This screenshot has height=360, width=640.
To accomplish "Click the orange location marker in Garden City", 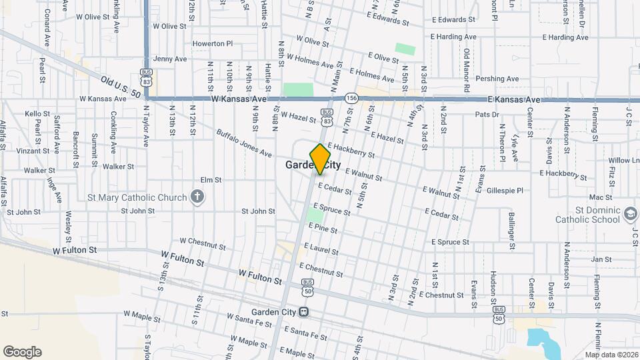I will click(x=321, y=158).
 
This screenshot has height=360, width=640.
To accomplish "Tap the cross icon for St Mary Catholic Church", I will click(x=196, y=197).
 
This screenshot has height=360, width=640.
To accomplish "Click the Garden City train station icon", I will click(x=303, y=312).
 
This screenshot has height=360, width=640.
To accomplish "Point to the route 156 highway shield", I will click(x=352, y=98).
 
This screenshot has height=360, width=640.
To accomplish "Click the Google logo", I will click(x=22, y=352).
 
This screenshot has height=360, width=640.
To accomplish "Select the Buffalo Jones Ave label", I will click(x=244, y=143).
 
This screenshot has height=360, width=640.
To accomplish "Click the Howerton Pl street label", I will click(x=212, y=43).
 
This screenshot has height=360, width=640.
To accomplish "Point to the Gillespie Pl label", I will click(x=505, y=190).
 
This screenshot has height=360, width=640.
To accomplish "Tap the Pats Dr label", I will click(x=487, y=115).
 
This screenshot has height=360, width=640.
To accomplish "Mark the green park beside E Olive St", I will click(x=404, y=49).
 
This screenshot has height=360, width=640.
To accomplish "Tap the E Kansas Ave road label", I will click(x=513, y=99).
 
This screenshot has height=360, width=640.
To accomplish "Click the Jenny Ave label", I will click(x=170, y=59).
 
